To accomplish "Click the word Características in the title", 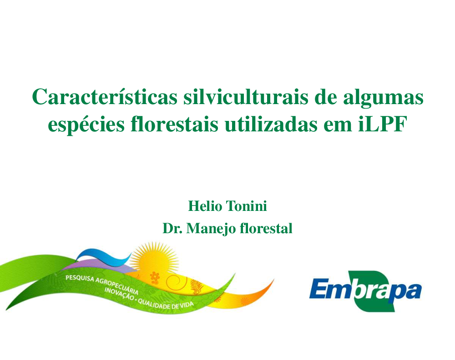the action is pos(105,97).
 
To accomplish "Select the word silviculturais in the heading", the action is pos(246,97).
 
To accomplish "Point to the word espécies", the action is pos(86,125).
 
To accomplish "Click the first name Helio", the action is pos(205,206).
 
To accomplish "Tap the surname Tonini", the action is pos(247,206).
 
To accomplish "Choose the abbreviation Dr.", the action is pos(172,228).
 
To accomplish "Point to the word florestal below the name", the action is pos(266,228).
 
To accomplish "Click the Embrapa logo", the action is pos(366,291).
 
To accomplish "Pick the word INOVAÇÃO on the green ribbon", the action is pos(119,294).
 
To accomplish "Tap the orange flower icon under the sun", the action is pos(155,277).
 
